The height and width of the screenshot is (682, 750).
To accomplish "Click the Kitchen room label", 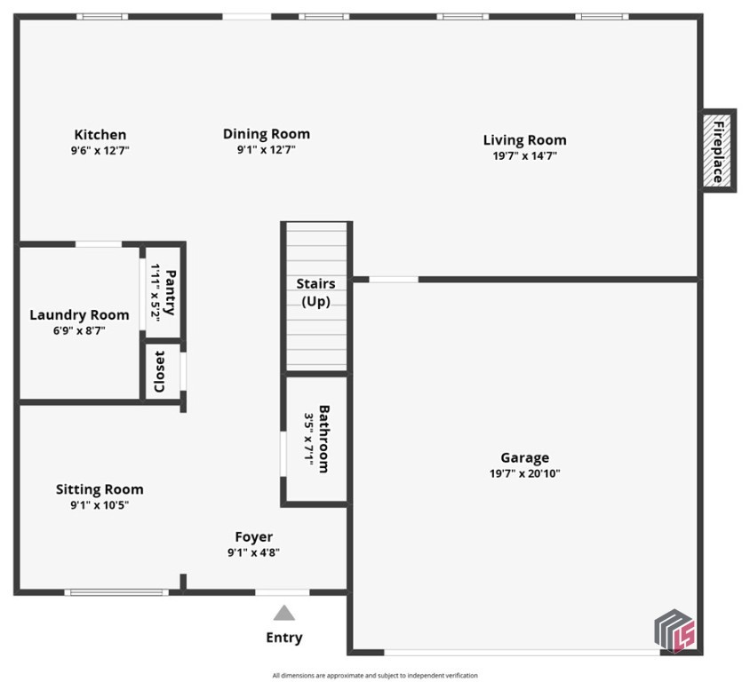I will pyautogui.click(x=100, y=135).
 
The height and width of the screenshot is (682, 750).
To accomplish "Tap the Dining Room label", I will pyautogui.click(x=266, y=134).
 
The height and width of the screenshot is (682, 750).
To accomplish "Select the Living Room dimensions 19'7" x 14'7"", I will pyautogui.click(x=524, y=156).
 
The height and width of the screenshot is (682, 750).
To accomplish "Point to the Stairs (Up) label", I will pyautogui.click(x=315, y=292).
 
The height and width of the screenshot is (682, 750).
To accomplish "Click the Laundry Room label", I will pyautogui.click(x=79, y=315).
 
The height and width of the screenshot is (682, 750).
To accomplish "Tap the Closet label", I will pyautogui.click(x=160, y=371).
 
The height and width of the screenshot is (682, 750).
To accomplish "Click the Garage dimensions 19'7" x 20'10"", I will pyautogui.click(x=524, y=473).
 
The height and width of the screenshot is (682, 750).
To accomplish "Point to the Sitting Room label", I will pyautogui.click(x=100, y=489).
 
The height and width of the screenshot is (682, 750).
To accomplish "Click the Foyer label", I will pyautogui.click(x=253, y=537).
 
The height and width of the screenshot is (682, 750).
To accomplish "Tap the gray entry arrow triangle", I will pyautogui.click(x=283, y=612).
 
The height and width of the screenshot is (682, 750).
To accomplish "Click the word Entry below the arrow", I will pyautogui.click(x=283, y=638).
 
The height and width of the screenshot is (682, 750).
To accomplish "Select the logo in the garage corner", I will pyautogui.click(x=674, y=630).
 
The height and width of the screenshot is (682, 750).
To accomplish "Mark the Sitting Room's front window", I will pyautogui.click(x=116, y=591).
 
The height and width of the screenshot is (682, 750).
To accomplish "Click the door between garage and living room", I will pyautogui.click(x=393, y=280).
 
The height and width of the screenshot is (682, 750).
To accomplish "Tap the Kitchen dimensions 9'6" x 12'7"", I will pyautogui.click(x=100, y=150).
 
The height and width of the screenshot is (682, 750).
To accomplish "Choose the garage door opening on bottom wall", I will pyautogui.click(x=509, y=652).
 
